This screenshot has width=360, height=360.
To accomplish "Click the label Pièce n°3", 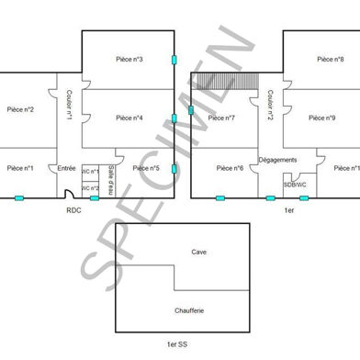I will click(129, 59).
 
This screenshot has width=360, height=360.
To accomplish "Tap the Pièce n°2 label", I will click(20, 110).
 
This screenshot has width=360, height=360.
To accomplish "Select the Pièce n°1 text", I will click(20, 168).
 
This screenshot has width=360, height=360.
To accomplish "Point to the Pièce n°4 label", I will click(129, 118).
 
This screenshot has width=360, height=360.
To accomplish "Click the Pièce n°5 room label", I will click(145, 168).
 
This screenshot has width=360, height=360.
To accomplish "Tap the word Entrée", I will click(67, 168).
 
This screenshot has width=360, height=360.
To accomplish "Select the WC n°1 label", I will click(91, 172).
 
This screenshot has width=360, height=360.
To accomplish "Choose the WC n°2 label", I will click(91, 188).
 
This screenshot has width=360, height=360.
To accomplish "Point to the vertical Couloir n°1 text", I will click(69, 104).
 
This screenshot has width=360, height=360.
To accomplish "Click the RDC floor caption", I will click(74, 210).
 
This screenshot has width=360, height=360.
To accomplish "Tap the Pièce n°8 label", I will click(331, 59).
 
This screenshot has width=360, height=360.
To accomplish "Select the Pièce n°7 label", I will click(221, 118).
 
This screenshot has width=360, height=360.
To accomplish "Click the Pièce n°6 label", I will click(230, 168).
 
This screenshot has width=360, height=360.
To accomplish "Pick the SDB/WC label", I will click(295, 184).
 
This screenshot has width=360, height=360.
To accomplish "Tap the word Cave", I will click(198, 252).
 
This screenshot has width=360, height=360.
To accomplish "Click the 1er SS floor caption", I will click(177, 343).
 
